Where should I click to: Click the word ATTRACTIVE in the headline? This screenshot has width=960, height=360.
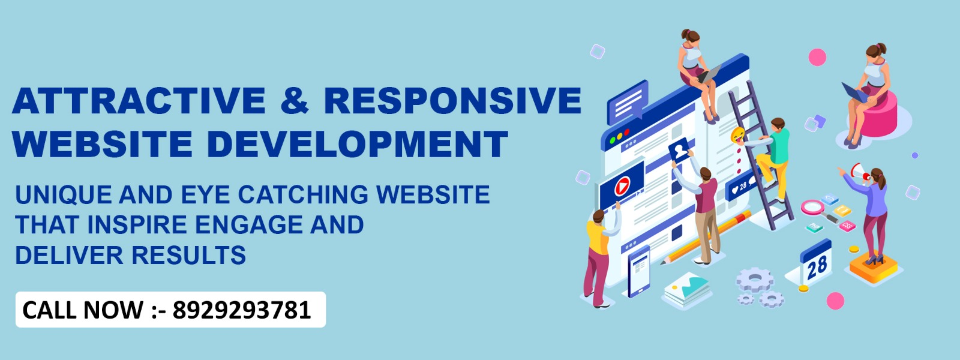click(139, 100)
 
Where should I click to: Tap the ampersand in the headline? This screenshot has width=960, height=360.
click(295, 100)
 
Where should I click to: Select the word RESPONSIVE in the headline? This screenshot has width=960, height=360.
click(452, 100)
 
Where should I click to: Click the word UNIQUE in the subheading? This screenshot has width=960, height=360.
click(64, 195)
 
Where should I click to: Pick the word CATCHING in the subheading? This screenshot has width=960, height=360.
click(303, 194)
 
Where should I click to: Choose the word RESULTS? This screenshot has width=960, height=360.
click(188, 256)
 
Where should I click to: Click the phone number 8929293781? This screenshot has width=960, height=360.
click(242, 310)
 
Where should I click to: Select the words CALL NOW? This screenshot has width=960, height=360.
click(83, 310)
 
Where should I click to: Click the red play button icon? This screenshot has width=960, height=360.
click(622, 187)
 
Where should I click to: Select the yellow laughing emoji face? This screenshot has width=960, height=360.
click(738, 135)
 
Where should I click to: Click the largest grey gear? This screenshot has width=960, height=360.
click(755, 280)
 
